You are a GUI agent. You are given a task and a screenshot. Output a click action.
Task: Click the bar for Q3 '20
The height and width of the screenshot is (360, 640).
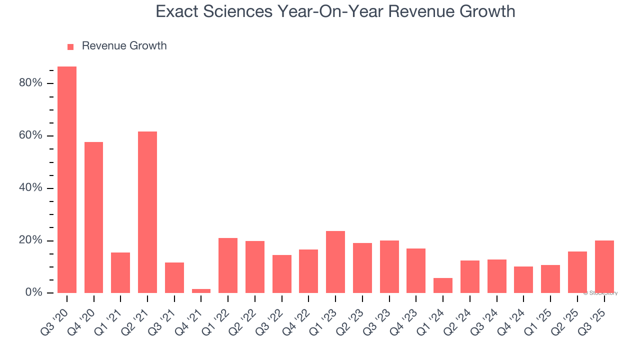click(67, 180)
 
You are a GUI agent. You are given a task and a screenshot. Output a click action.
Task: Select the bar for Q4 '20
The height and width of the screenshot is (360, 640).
click(94, 217)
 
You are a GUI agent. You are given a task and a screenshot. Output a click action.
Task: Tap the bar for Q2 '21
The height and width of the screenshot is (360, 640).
click(147, 212)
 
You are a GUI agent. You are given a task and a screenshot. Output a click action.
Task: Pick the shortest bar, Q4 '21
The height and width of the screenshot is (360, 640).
click(201, 291)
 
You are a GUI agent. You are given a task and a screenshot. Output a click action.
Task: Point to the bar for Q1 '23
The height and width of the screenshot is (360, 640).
click(335, 262)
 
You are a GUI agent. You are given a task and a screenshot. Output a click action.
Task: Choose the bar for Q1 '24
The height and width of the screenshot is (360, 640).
click(443, 285)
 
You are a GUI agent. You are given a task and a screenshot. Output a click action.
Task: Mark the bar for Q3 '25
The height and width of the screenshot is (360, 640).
click(604, 267)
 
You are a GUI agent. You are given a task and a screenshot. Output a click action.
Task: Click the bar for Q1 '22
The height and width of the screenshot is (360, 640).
click(228, 265)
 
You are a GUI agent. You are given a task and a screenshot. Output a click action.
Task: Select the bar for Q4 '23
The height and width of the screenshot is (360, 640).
click(416, 270)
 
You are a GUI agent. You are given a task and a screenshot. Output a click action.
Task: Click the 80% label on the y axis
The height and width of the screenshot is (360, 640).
click(30, 83)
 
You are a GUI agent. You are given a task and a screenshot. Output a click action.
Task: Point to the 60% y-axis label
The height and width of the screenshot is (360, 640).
click(30, 135)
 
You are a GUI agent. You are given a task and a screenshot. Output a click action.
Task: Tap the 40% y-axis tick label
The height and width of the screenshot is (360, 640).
click(30, 188)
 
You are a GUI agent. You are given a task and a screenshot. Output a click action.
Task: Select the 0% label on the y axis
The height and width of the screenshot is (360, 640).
click(33, 292)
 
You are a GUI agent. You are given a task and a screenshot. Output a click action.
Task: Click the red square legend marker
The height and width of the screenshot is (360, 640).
click(70, 47)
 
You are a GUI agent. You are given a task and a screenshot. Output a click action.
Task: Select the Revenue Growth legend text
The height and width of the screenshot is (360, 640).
click(124, 46)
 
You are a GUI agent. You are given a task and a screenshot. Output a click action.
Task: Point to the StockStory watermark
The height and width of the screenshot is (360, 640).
click(600, 293)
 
